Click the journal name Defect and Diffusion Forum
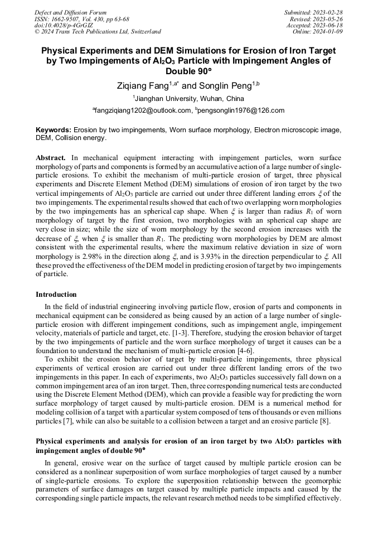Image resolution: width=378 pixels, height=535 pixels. pos(70,12)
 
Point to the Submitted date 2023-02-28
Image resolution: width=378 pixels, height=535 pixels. pos(329,12)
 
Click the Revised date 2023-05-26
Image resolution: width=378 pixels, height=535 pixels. pos(329,19)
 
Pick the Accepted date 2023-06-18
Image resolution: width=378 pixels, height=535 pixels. pos(329,25)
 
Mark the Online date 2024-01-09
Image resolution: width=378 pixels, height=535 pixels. pos(329,32)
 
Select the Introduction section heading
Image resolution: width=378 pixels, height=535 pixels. pos(56,294)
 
